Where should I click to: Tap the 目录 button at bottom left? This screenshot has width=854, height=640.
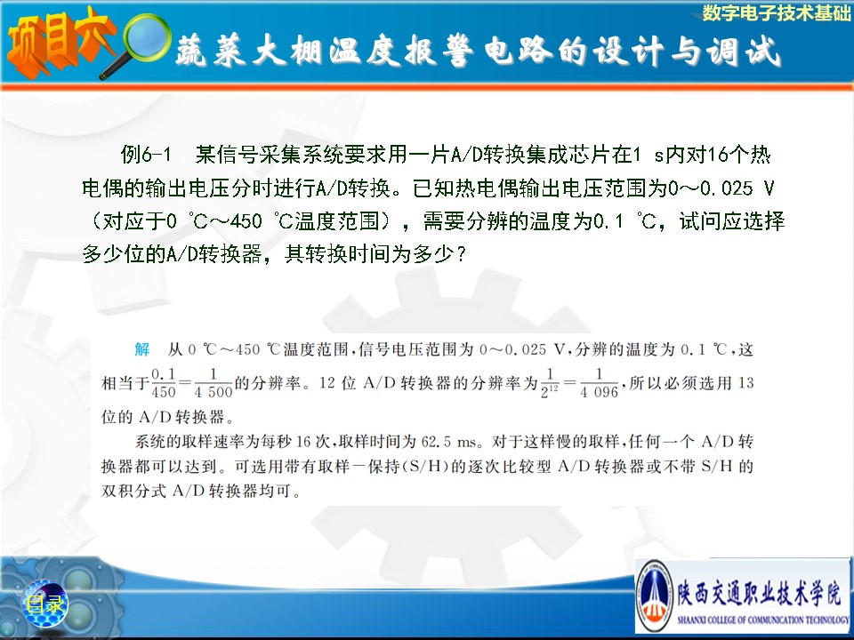coord(44,604)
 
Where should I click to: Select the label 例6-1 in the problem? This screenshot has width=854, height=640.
coord(146,155)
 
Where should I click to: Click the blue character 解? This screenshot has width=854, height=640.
coord(142,348)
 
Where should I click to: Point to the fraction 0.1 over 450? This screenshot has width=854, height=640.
coord(164,383)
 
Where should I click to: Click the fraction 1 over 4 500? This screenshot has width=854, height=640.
coord(213,383)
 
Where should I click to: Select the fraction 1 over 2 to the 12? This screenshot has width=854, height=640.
coord(550,383)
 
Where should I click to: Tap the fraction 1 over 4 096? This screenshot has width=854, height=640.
coord(599,383)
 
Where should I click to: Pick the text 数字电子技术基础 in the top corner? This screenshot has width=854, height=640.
coord(776,12)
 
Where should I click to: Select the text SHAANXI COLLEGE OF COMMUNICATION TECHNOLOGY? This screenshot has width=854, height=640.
coord(763,620)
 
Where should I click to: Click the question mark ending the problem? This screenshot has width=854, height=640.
coord(462,254)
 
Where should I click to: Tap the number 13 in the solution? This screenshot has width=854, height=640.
coord(745,383)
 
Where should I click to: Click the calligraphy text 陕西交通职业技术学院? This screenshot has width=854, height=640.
coord(759,592)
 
